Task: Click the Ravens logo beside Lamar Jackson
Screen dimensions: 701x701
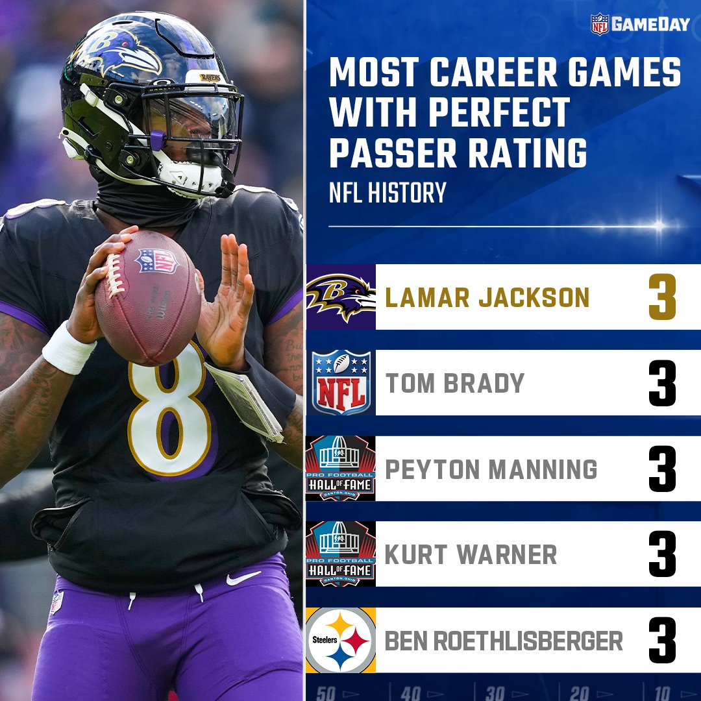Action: [341, 297]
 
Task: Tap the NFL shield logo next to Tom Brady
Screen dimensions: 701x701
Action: [341, 383]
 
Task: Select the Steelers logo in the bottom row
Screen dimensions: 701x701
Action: [341, 640]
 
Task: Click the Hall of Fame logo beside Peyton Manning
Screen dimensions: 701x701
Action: [341, 469]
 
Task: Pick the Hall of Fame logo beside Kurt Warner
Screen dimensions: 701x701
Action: [341, 554]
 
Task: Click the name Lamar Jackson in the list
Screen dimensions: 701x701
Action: [487, 298]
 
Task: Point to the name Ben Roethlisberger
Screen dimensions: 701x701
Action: [504, 641]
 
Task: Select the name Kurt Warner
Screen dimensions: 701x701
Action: [471, 555]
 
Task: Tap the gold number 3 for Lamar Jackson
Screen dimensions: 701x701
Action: [662, 298]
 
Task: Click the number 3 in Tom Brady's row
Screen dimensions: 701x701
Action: [662, 384]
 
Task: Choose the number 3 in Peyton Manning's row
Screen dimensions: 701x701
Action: [662, 469]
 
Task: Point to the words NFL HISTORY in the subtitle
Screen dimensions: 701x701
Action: [387, 193]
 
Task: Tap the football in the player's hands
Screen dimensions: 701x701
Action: [148, 295]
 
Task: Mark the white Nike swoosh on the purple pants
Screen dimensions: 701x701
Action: [243, 578]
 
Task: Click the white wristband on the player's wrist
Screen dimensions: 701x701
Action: [68, 349]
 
